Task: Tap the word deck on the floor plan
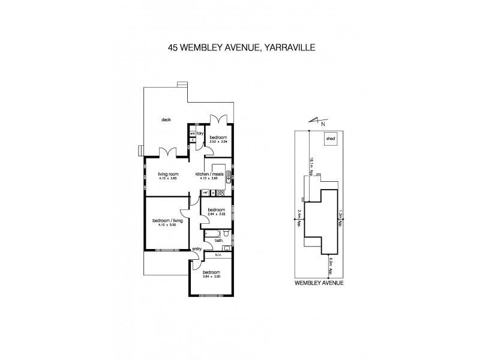coord(166,119)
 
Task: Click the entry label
coord(196,248)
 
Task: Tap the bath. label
coord(218,241)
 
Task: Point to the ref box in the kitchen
coord(205,193)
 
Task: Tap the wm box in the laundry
coord(193,133)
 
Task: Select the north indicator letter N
coord(323,124)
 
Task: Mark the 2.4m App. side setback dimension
coord(298,217)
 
